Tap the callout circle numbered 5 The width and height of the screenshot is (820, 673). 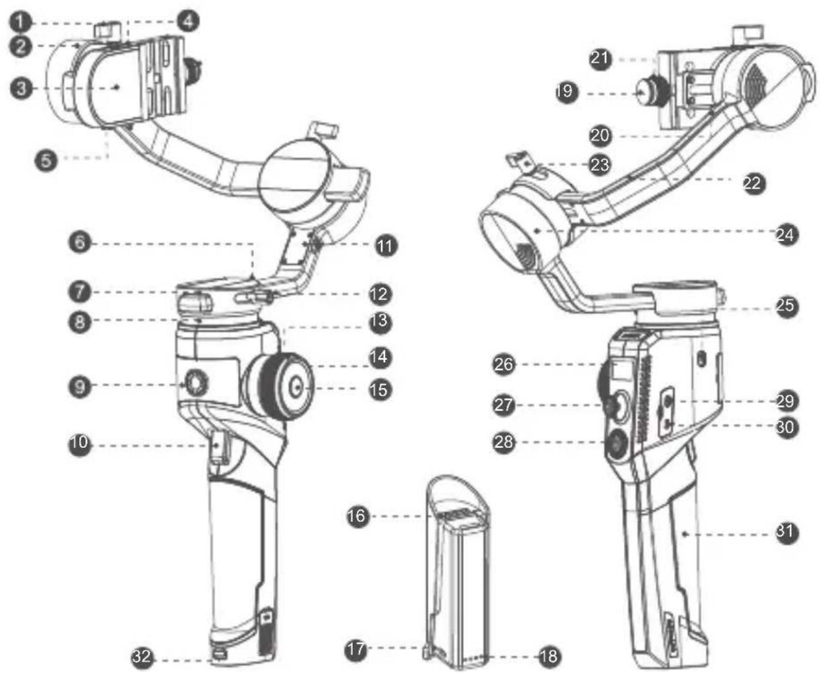(46, 160)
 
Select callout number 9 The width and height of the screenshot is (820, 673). (80, 387)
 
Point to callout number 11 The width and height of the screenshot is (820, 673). (386, 246)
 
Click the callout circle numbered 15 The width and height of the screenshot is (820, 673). (380, 390)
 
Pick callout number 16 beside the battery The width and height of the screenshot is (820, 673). (357, 517)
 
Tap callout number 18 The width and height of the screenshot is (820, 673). (549, 657)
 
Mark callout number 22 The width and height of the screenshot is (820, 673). (754, 183)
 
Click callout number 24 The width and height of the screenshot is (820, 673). (786, 235)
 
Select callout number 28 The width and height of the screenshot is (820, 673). (503, 442)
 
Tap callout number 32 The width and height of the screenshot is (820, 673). (142, 657)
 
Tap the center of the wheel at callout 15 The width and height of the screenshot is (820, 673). (298, 387)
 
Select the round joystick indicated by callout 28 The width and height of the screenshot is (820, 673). (617, 443)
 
